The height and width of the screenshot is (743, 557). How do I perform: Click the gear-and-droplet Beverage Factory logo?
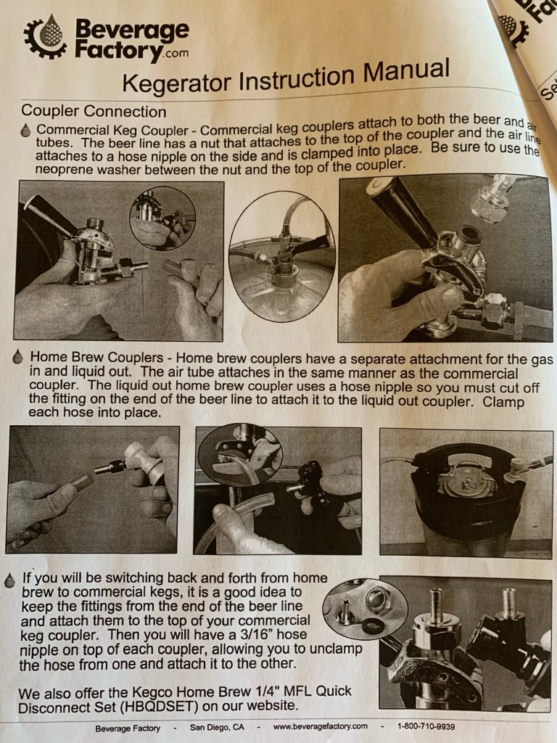[x=46, y=37]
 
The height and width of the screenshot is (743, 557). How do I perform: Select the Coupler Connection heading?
[x=94, y=111]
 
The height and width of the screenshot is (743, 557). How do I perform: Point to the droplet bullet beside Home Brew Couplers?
[x=18, y=356]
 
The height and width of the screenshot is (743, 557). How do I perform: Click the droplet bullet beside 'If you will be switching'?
[x=9, y=580]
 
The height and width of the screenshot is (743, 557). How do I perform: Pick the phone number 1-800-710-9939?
[x=426, y=726]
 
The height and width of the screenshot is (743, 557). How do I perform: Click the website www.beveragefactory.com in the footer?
[x=320, y=726]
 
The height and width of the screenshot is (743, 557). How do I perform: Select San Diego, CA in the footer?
[x=217, y=727]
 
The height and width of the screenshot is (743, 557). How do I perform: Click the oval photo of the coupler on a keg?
[x=282, y=256]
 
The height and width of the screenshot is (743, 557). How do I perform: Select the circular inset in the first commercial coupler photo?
[x=162, y=218]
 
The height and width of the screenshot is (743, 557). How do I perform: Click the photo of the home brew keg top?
[x=466, y=493]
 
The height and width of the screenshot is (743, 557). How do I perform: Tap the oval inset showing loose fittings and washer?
[x=364, y=609]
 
